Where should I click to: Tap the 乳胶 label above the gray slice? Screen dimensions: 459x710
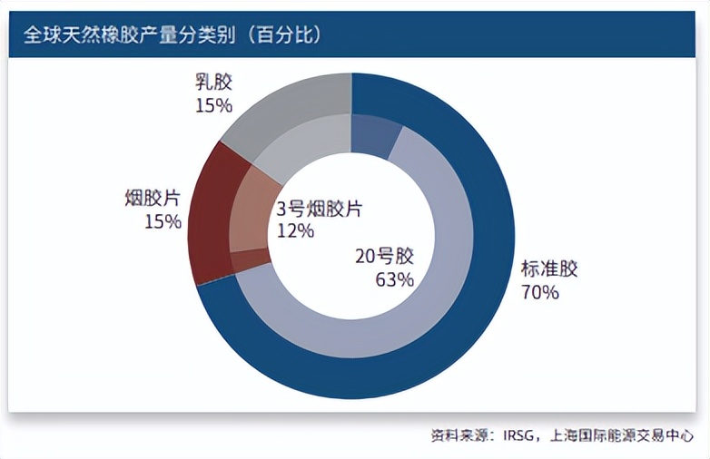[x=214, y=83]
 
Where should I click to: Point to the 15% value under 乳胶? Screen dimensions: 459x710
[x=213, y=105]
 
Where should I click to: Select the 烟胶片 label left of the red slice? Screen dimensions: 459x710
[x=153, y=197]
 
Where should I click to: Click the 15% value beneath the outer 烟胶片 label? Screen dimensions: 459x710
[x=163, y=220]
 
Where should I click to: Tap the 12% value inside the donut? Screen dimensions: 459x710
[x=295, y=231]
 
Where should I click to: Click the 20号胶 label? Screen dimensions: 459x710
[x=384, y=256]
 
